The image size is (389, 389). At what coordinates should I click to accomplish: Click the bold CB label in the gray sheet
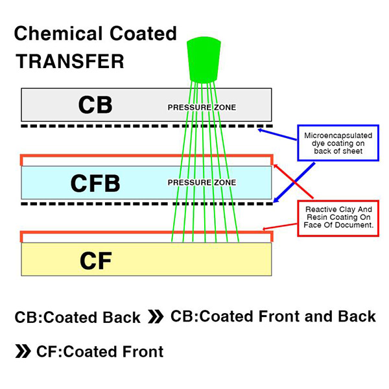(95, 105)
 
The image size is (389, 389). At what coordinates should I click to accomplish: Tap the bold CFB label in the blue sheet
(95, 183)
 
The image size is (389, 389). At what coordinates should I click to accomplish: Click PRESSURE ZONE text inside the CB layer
(202, 107)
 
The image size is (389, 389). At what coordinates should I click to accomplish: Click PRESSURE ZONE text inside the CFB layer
(202, 183)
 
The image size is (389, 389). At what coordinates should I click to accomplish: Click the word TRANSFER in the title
(69, 62)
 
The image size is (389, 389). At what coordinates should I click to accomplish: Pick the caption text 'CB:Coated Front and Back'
(273, 316)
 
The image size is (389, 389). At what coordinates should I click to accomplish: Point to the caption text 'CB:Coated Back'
(77, 318)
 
